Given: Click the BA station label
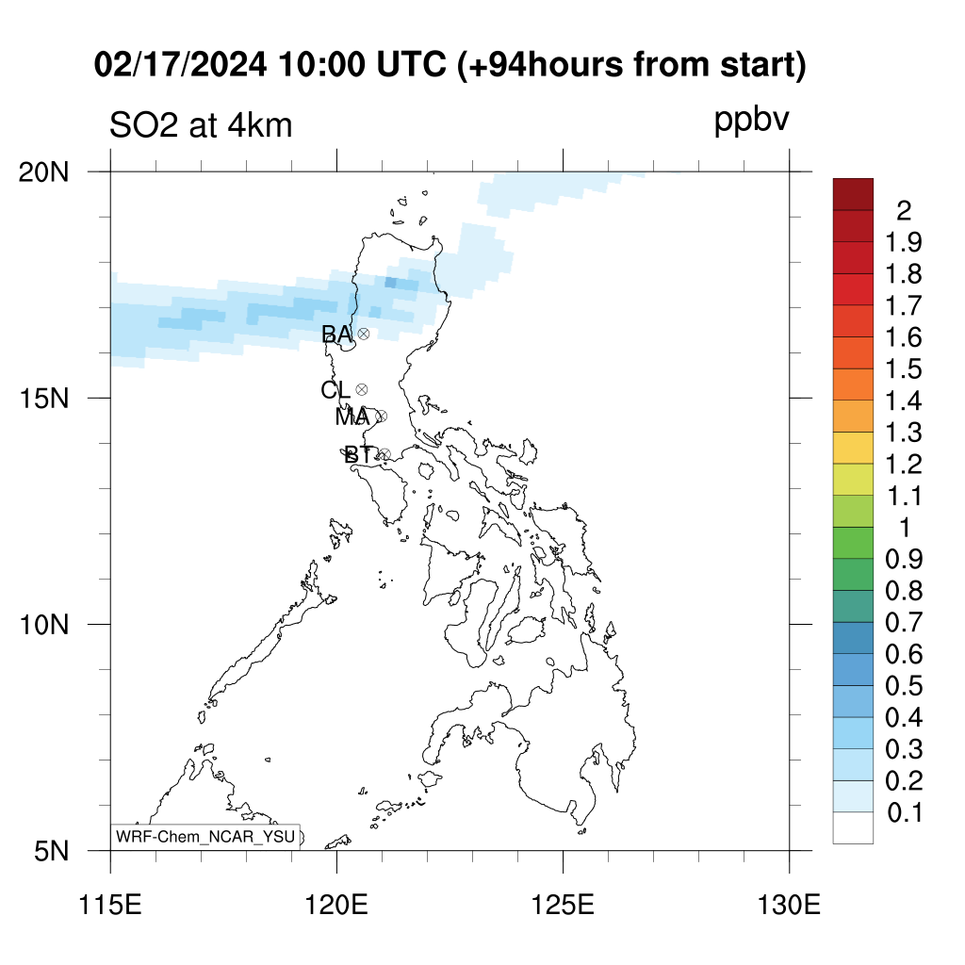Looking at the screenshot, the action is tap(336, 335).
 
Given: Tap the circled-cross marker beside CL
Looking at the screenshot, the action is tap(362, 389).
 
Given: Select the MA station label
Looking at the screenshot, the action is tap(352, 417).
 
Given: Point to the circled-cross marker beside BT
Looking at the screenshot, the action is tap(384, 455).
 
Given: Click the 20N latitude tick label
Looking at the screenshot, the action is tap(43, 173).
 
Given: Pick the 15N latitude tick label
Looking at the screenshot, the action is tap(43, 399).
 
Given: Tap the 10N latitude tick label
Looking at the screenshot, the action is tap(43, 625).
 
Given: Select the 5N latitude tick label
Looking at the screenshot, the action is tap(51, 852).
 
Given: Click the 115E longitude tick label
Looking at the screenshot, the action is tap(111, 906).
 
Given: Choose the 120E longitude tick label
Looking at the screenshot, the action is tap(336, 906).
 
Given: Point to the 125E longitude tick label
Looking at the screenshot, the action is tap(563, 906).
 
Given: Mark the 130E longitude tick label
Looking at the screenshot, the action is tap(789, 906).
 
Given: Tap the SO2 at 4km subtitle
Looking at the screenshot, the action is tap(201, 126).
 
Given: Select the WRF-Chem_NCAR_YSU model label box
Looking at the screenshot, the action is tap(205, 837).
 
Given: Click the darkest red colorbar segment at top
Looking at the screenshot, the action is tap(853, 194).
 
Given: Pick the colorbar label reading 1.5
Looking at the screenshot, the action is tap(904, 369).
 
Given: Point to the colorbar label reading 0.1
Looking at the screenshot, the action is tap(905, 813).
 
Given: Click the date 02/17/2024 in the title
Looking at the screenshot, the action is tap(180, 65).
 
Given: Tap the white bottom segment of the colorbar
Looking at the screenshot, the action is tap(853, 827).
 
